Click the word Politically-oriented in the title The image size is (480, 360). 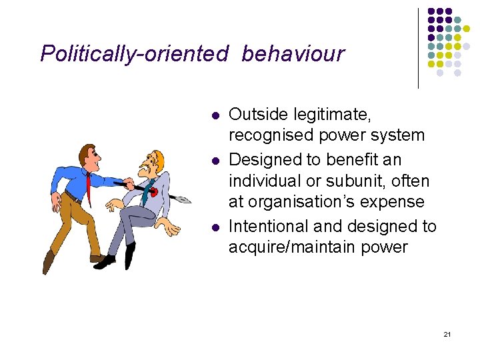coord(134,53)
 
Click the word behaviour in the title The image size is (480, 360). coord(293,53)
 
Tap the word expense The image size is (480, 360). coord(395,202)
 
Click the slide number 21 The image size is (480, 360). coord(447,333)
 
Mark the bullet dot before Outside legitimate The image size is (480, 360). coord(214,116)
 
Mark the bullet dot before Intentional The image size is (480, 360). coord(214,227)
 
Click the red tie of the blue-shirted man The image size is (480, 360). coord(88,183)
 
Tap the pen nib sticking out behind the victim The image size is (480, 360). coord(181,198)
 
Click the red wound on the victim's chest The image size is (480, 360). coord(154,192)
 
